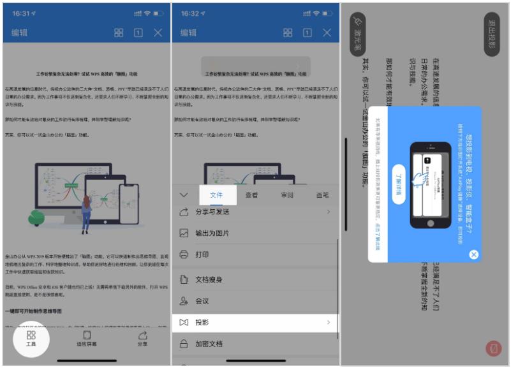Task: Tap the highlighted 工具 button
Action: [x=31, y=338]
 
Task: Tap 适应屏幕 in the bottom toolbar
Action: [x=87, y=338]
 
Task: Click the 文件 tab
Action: [x=216, y=195]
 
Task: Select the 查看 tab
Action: [x=252, y=195]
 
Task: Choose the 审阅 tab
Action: [x=288, y=195]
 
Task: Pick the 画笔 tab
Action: [x=323, y=195]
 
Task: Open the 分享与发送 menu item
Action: [x=255, y=212]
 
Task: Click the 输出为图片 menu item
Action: [x=255, y=233]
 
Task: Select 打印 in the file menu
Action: [x=255, y=254]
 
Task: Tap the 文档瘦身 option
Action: [x=255, y=279]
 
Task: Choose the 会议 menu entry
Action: [x=255, y=301]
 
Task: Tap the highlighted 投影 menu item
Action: [x=255, y=323]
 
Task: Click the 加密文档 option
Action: [x=255, y=344]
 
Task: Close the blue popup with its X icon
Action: [x=473, y=254]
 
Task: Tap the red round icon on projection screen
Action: [x=492, y=349]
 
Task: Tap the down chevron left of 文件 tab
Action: [x=184, y=195]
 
